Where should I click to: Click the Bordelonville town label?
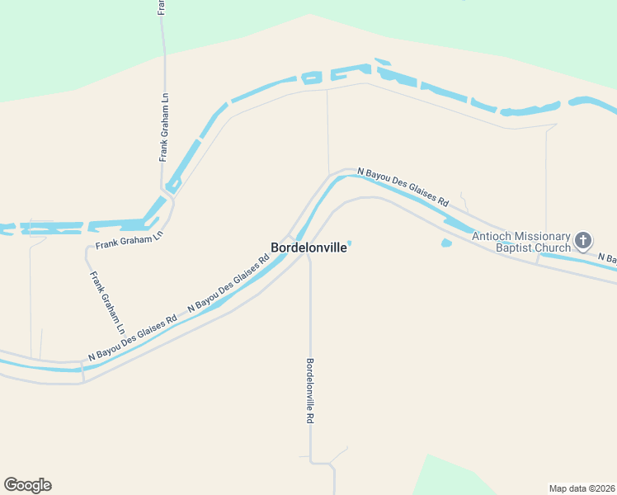coord(308,247)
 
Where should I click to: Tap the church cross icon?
coord(583,241)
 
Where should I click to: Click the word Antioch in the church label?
coord(492,236)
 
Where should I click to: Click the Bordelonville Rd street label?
coord(310,390)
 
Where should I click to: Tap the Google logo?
coord(27,485)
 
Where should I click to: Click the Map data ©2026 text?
coord(582,488)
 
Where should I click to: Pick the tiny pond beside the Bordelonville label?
coord(350,243)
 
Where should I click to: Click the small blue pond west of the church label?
coord(446,243)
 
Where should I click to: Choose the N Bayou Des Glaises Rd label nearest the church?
coord(403,186)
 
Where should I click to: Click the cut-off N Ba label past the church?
coord(607,258)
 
